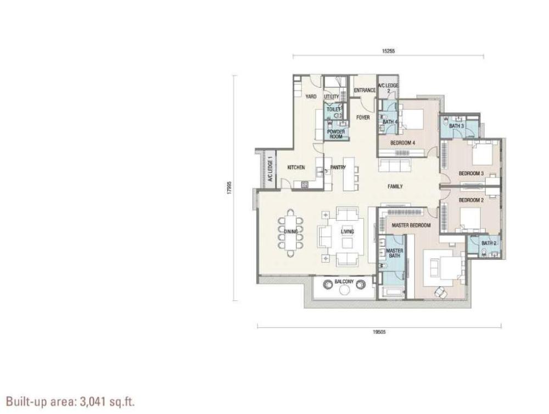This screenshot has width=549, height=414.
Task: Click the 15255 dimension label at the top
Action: coord(388,51)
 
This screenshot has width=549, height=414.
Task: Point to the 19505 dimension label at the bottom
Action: coord(379,332)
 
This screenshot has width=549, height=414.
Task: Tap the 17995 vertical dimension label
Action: coord(229,187)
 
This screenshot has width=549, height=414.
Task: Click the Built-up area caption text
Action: coord(70,401)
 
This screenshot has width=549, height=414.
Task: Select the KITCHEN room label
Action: coord(296,167)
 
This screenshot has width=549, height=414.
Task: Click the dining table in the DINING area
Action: coord(290,233)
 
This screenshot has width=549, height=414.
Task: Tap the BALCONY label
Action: coord(344,282)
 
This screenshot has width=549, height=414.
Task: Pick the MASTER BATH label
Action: coord(395,253)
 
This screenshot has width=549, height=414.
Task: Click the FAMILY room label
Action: coord(395,186)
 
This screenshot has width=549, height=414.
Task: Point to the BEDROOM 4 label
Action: coord(402,143)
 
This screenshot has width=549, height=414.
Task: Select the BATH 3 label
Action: coord(457,126)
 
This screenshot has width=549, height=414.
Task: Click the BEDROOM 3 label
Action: coord(471,174)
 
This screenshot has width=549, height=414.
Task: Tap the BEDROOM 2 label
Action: coord(471,200)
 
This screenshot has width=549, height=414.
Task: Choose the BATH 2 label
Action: coord(489,243)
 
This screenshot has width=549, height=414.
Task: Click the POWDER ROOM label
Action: coord(336,134)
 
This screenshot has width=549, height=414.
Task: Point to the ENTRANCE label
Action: coord(365,91)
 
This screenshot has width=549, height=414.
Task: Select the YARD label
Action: coord(311,97)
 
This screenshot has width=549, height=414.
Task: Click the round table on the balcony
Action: coord(344,290)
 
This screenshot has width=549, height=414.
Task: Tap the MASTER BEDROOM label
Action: coord(411,225)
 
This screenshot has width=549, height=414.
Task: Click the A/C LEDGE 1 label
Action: coord(270,171)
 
